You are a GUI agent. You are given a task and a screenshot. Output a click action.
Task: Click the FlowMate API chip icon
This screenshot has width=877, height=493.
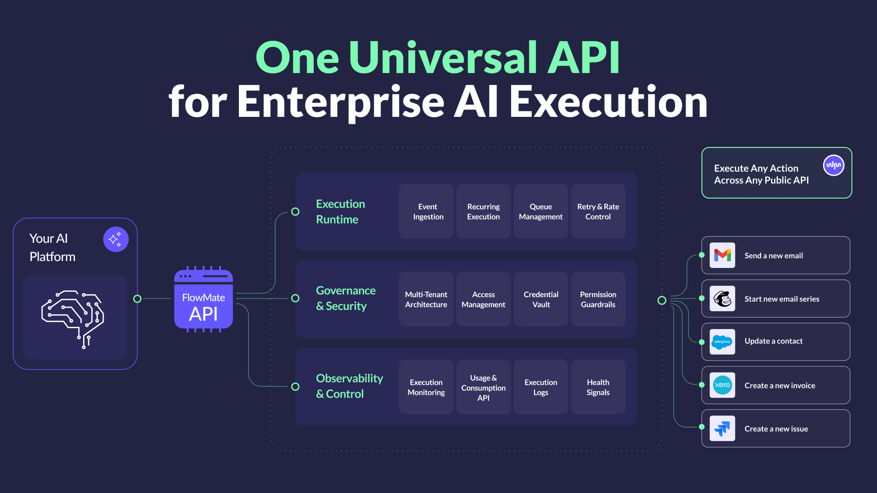pos(203,299)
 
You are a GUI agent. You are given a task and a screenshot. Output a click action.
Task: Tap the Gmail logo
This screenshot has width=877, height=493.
pos(722,255)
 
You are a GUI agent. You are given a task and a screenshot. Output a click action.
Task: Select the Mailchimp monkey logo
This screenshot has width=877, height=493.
pos(722,299)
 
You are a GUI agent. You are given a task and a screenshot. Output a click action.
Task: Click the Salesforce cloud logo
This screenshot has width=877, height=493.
pos(722,342)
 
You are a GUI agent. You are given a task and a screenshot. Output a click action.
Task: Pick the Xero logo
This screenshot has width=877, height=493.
pos(722,385)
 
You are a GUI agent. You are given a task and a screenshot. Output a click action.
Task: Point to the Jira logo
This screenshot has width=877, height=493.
pos(722,428)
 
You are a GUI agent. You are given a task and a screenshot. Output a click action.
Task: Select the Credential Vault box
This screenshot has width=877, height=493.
pos(541,299)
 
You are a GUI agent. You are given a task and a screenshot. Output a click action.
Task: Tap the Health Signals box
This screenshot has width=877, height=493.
pos(598,387)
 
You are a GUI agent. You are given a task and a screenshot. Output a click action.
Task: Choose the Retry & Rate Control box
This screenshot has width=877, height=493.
pos(598,211)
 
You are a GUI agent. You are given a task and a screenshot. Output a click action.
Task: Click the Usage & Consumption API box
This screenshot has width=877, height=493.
pos(483,387)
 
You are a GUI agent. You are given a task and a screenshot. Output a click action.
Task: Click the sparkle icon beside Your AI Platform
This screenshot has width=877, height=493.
pos(116,239)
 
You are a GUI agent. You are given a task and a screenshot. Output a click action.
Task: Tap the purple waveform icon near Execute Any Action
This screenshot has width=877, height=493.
pos(834,165)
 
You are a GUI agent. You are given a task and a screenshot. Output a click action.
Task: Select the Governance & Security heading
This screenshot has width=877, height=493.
pos(346,299)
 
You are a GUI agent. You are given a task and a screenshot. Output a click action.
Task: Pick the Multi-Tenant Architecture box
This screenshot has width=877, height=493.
pos(426,299)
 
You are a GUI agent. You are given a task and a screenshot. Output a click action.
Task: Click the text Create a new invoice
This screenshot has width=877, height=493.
pos(780,385)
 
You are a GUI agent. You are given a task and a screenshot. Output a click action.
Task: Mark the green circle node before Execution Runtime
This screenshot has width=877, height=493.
pos(296,212)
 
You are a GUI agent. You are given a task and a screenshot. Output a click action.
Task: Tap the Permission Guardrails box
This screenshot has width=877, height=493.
pos(598,299)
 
